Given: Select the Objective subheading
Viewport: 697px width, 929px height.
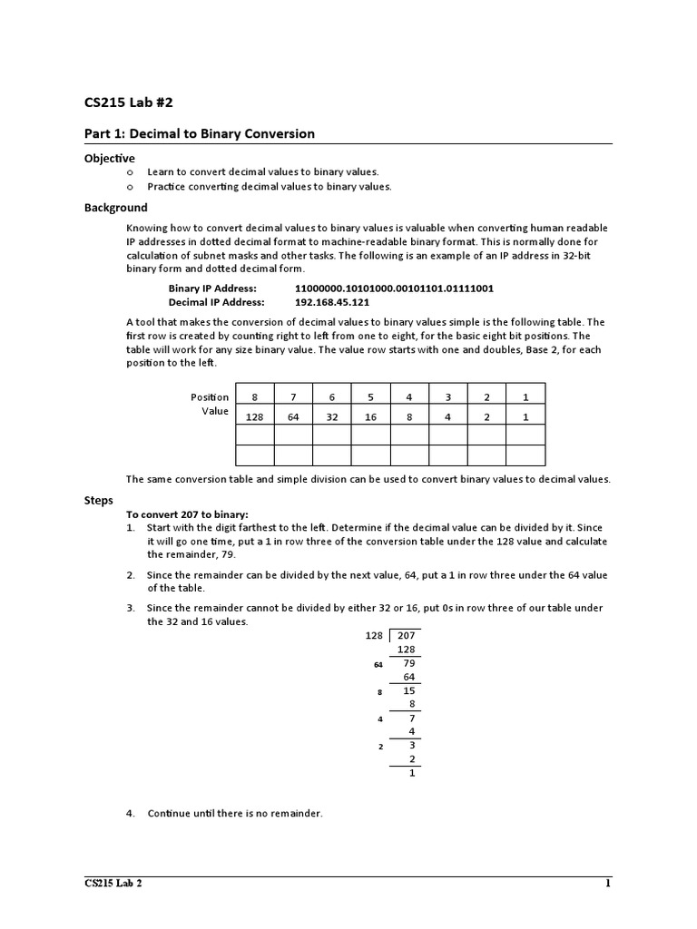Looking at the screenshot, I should [x=110, y=158].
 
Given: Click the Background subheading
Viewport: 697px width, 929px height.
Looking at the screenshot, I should [x=115, y=208].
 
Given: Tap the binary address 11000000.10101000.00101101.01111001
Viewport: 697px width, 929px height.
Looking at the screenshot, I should [x=394, y=288].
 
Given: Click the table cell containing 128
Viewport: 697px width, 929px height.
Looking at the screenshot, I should [x=254, y=416].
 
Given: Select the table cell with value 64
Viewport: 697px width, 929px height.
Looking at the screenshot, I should [x=293, y=416].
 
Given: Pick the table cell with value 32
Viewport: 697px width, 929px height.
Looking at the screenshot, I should [x=332, y=416].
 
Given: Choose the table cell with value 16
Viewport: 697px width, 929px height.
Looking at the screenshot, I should [x=370, y=416].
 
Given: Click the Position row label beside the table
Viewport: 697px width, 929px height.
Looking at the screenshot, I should [x=210, y=397].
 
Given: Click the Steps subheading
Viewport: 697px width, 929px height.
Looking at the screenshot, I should [x=99, y=500].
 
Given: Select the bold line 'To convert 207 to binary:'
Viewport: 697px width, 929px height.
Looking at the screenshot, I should [x=187, y=514].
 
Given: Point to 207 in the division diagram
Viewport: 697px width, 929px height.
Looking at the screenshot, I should [x=406, y=636].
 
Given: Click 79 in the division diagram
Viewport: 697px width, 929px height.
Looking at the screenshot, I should [x=408, y=663].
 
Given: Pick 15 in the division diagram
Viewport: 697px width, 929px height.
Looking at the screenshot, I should [x=408, y=690].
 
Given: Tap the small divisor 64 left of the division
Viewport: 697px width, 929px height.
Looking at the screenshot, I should [x=378, y=665].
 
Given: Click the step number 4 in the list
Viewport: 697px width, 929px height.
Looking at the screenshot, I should [x=131, y=814].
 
